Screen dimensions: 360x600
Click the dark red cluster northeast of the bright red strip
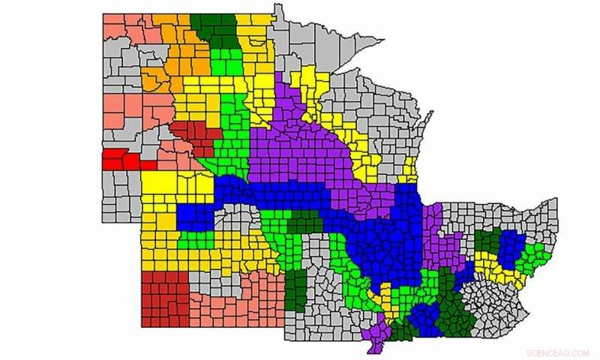click(197, 136)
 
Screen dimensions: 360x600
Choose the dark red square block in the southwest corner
click(165, 298)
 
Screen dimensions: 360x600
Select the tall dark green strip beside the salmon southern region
click(296, 289)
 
